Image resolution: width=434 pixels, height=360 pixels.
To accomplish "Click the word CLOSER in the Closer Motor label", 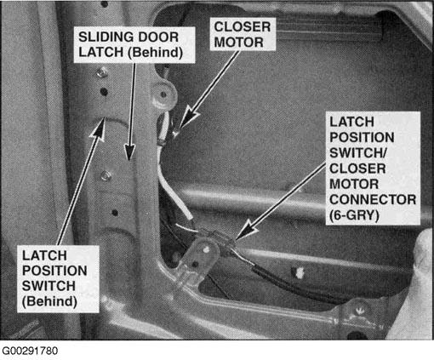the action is (243, 27).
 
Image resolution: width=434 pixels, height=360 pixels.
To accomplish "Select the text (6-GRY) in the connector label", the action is (354, 215).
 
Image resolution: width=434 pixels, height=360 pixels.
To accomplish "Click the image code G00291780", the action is (30, 351).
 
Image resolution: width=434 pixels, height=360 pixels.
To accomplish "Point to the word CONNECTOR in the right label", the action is (373, 200).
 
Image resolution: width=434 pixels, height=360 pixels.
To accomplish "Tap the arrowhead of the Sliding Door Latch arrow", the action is (129, 151).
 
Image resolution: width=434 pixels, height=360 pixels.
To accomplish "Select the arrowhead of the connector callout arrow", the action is (244, 230).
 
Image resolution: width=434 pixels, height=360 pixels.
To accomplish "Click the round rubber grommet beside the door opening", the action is (163, 94).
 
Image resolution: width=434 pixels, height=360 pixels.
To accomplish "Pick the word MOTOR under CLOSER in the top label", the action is (239, 43).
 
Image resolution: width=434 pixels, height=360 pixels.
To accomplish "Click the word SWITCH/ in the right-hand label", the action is (357, 153).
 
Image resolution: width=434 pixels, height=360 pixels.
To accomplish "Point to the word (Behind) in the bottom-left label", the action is (49, 301).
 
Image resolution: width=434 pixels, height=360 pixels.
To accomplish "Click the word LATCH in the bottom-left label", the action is (44, 255).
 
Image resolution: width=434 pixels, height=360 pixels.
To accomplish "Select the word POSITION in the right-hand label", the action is (362, 138).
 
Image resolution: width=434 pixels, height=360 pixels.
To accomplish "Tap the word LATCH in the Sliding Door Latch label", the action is (100, 52).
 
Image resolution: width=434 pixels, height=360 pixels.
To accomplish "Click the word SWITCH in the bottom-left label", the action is (49, 286).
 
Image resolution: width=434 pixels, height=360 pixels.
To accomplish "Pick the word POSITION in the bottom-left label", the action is (54, 271).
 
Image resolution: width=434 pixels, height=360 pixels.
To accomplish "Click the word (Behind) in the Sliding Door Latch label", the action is (156, 53).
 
